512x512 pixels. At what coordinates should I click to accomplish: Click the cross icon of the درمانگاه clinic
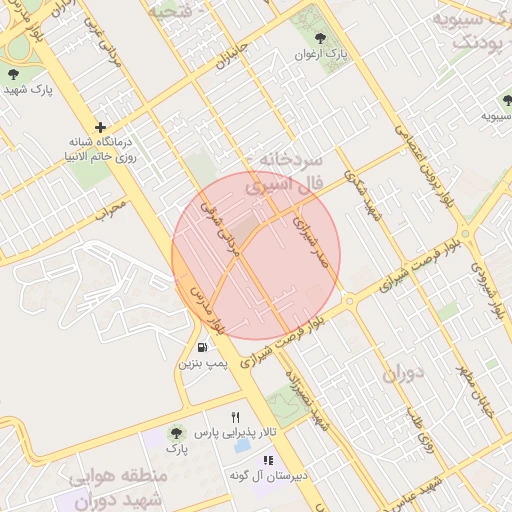click(100, 128)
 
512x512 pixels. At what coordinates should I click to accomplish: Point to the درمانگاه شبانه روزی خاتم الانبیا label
click(99, 150)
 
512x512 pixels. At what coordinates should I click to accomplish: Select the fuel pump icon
click(203, 347)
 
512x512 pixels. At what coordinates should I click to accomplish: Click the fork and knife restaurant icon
click(236, 416)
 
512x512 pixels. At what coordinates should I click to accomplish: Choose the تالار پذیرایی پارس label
click(233, 432)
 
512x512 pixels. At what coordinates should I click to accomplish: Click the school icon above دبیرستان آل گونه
click(267, 460)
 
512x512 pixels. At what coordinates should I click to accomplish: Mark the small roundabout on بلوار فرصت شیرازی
click(348, 299)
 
